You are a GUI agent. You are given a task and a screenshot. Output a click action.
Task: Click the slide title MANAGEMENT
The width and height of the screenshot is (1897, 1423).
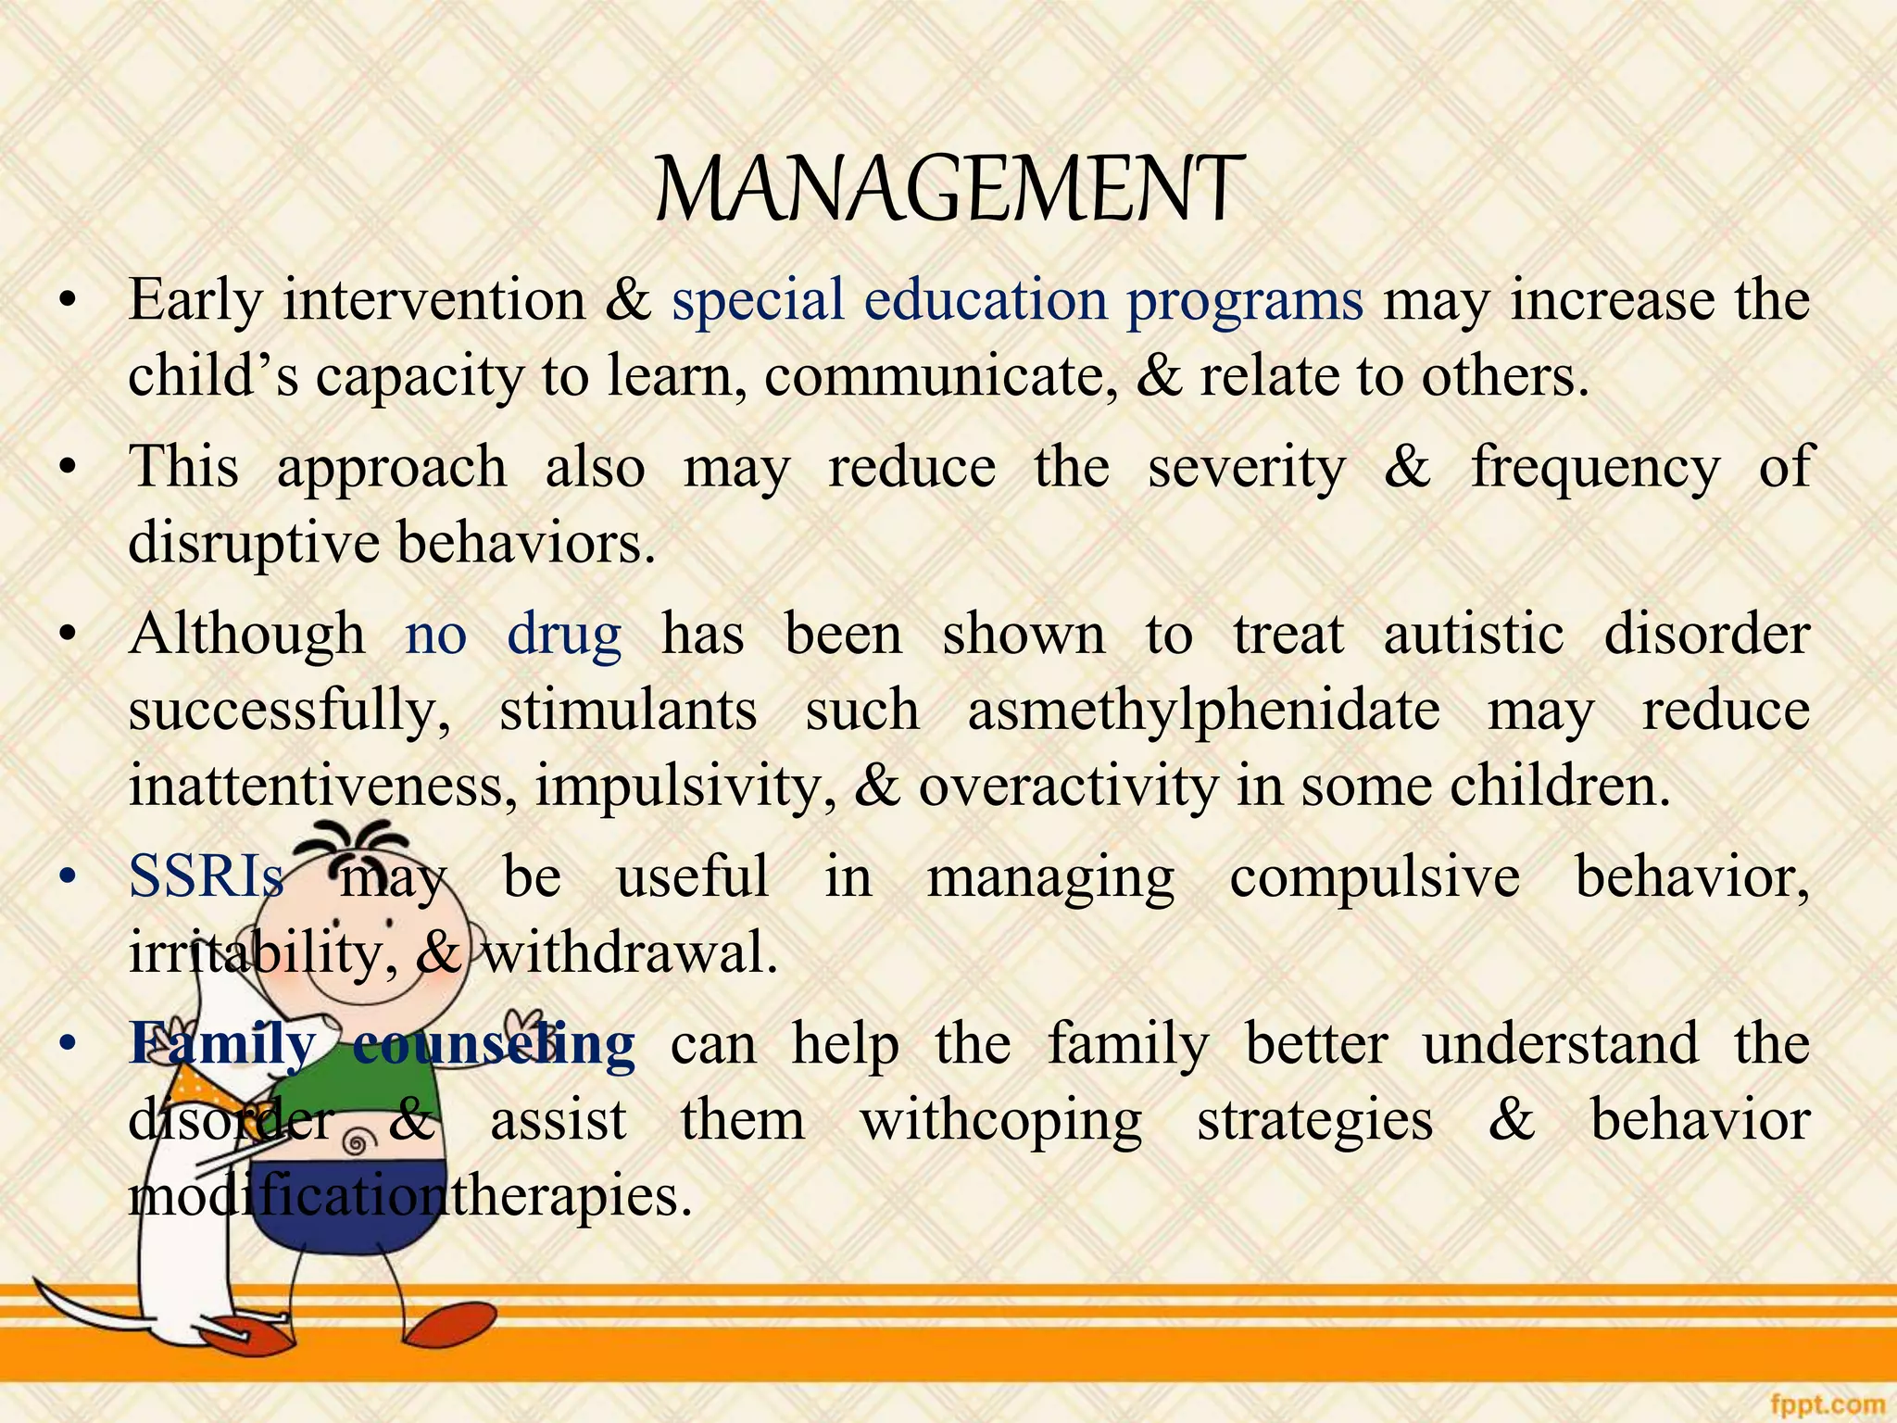[x=948, y=190]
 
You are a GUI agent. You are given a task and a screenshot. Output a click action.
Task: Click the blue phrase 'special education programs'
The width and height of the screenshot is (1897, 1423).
[x=1017, y=301]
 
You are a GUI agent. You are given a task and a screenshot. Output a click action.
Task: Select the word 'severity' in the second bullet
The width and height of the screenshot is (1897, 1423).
[x=1246, y=468]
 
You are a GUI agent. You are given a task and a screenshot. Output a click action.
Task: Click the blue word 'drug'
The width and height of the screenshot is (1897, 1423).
[x=564, y=636]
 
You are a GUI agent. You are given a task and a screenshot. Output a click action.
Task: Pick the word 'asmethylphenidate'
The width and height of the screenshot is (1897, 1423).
[x=1203, y=711]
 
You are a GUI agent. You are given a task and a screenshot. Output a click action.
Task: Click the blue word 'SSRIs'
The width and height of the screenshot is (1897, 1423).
[x=206, y=875]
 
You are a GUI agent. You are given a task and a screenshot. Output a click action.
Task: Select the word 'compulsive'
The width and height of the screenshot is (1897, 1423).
[x=1375, y=877]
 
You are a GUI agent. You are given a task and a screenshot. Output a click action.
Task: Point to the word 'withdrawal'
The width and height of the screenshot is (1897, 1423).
[x=630, y=953]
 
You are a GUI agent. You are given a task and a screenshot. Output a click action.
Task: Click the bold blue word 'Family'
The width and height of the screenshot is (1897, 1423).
[x=222, y=1044]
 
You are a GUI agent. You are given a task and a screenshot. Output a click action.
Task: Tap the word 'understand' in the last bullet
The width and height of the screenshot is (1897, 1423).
[x=1561, y=1044]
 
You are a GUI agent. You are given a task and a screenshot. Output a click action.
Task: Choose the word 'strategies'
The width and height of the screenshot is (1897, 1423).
[x=1315, y=1122]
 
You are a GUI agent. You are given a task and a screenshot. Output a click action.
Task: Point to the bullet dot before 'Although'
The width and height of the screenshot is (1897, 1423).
[x=66, y=636]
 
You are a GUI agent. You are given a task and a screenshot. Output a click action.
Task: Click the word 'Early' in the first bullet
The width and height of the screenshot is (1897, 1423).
[x=195, y=301]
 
